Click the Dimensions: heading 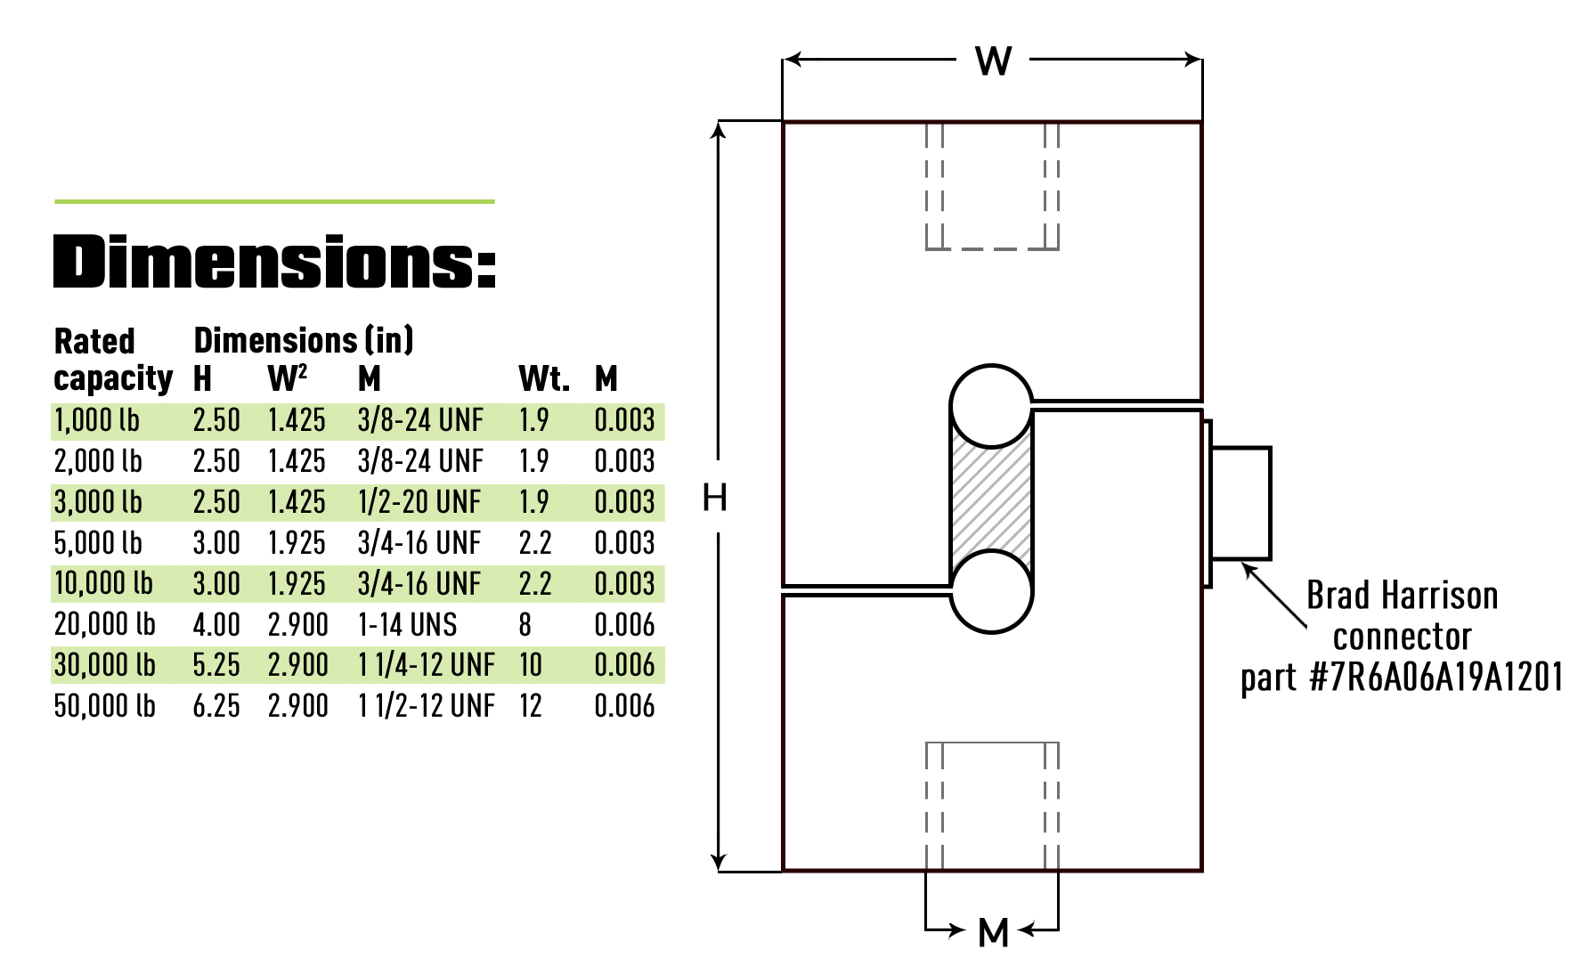click(x=274, y=263)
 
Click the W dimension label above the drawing click(x=993, y=61)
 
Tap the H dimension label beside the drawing click(x=714, y=498)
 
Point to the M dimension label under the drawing click(x=993, y=933)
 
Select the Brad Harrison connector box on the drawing click(x=1240, y=503)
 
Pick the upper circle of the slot click(x=991, y=406)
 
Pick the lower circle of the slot click(x=991, y=591)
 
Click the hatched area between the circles click(x=991, y=499)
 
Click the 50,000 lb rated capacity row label click(x=104, y=706)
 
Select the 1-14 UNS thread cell click(x=407, y=625)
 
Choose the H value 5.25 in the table click(x=216, y=665)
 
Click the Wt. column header click(x=543, y=379)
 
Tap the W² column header click(x=287, y=379)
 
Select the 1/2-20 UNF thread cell click(x=419, y=502)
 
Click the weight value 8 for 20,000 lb click(x=525, y=625)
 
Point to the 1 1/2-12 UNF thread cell click(x=426, y=706)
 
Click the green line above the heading click(x=274, y=202)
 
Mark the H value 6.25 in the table click(x=216, y=706)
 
